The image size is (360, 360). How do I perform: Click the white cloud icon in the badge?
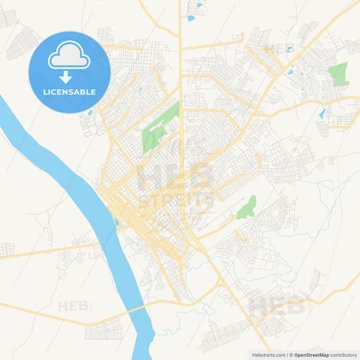69,57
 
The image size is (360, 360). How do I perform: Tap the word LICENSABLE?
69,92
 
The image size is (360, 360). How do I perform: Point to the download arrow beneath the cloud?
66,76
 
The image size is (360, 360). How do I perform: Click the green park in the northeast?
338,74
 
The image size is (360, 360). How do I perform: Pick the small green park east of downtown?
247,207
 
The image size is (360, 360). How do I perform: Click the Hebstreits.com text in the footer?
269,355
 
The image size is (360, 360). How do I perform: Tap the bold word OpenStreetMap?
311,355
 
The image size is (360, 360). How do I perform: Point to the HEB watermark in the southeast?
276,305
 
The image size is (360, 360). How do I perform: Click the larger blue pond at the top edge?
191,18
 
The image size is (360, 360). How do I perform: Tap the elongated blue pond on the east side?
322,112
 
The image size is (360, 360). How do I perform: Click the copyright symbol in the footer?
290,355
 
